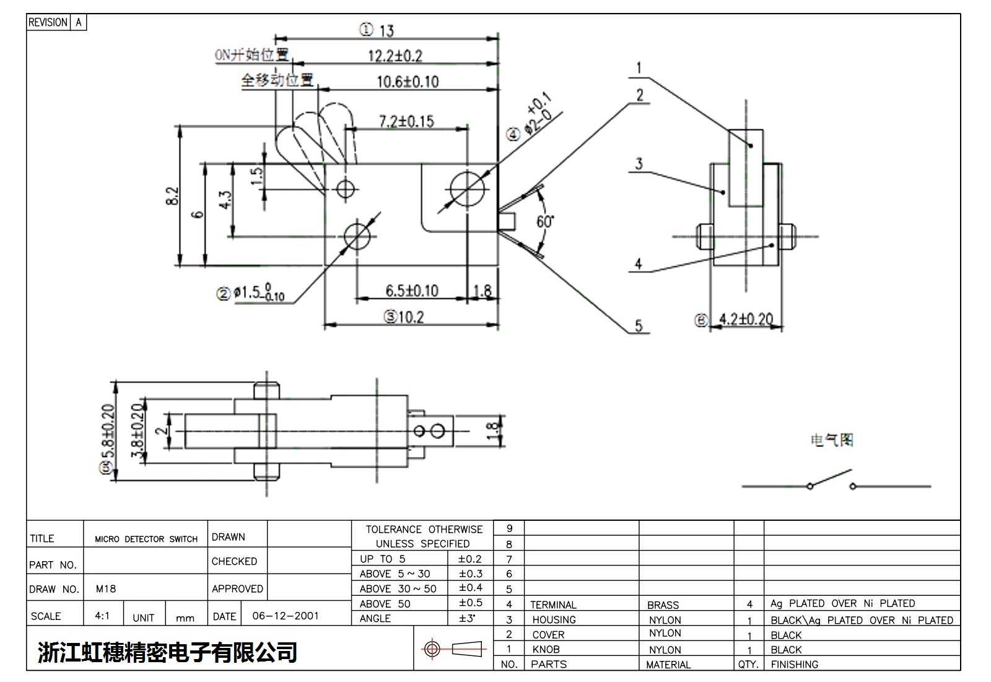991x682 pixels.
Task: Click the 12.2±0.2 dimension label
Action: click(x=395, y=56)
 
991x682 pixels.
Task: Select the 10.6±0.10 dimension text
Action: click(x=408, y=82)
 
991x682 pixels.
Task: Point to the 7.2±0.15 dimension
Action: click(x=406, y=121)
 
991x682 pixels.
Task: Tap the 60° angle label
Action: click(x=545, y=221)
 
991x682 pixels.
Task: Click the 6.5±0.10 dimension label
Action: click(x=411, y=290)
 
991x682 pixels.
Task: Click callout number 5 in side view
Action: click(x=639, y=326)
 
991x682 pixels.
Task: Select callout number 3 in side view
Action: click(x=639, y=164)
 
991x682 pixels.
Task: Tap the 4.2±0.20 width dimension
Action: click(x=746, y=319)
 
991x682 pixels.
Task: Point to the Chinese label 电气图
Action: click(x=832, y=440)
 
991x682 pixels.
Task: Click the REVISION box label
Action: click(x=48, y=22)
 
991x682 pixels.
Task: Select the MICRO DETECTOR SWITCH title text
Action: click(x=146, y=539)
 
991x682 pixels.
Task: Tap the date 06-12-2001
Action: click(x=286, y=616)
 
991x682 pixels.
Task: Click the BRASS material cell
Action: click(x=663, y=605)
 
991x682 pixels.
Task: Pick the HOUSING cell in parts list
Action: click(x=554, y=620)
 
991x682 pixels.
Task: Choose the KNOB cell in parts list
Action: click(x=546, y=650)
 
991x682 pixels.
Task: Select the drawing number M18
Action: click(x=106, y=589)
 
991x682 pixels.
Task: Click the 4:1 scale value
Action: click(x=102, y=616)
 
